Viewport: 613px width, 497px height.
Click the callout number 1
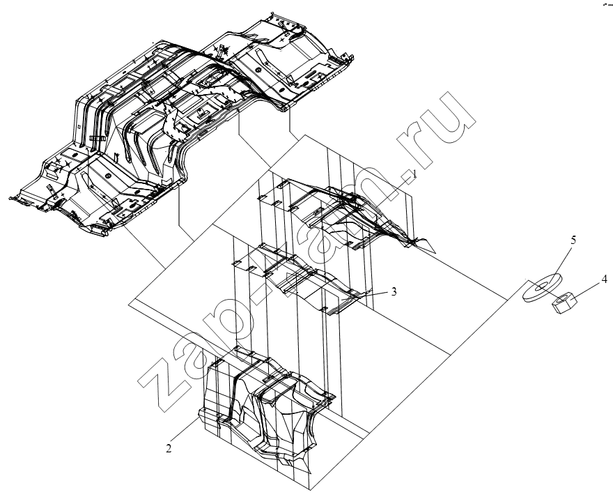[414, 174]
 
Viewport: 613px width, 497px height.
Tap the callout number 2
[169, 448]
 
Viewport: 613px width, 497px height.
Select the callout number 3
[394, 291]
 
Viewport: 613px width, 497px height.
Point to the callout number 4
[604, 280]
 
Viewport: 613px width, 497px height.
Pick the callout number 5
[573, 240]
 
